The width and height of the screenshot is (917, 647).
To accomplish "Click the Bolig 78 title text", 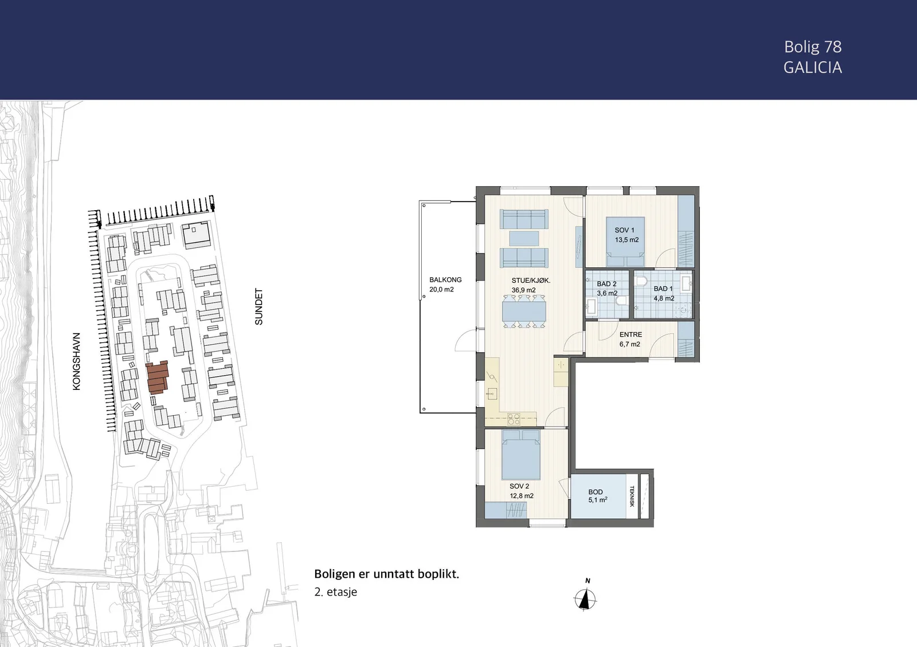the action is click(813, 47).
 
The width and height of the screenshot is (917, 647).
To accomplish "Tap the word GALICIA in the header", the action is click(813, 68).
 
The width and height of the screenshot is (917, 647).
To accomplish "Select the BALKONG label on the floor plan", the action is click(445, 280).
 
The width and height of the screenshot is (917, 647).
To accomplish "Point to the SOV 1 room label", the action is click(624, 230).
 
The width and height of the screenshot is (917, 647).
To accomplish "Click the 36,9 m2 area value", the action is click(524, 290).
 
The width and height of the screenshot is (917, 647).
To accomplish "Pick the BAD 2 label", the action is click(606, 284).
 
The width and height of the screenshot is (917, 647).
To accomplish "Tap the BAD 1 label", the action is click(663, 289).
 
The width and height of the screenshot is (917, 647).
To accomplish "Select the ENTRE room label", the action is click(630, 334).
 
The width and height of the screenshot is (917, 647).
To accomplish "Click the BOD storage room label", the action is click(595, 492).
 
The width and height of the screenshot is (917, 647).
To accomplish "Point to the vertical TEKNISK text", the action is click(632, 496).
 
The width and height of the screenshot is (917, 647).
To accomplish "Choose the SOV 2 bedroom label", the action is click(519, 486).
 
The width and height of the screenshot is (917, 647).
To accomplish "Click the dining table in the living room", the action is click(524, 311).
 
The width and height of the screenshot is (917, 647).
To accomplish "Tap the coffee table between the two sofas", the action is click(524, 238).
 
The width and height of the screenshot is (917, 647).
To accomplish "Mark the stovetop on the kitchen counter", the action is click(514, 419).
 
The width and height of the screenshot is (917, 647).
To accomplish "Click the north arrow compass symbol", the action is click(585, 599).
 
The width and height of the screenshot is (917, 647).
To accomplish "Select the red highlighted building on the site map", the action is click(157, 377).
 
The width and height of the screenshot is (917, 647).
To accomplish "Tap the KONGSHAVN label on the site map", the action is click(77, 361).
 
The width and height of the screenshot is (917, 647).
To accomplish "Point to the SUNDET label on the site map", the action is click(258, 307).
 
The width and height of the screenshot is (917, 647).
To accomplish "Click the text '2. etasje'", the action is click(336, 592).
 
